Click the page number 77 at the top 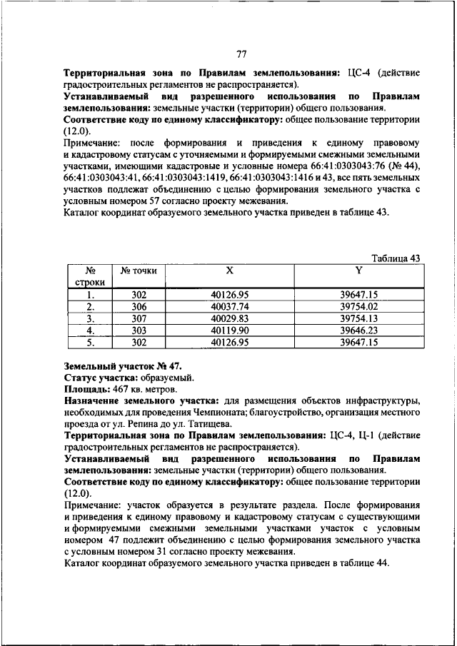[241, 54]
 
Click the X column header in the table [229, 271]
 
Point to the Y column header [358, 271]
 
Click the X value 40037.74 [229, 306]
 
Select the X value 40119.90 [229, 330]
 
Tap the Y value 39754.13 [358, 318]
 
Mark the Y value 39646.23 [358, 330]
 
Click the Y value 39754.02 [358, 306]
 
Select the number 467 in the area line [119, 390]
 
